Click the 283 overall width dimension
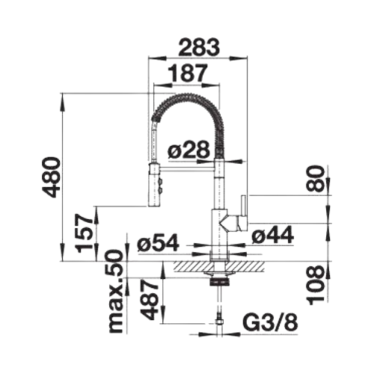(199, 46)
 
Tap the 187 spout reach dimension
(188, 73)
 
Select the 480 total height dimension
(51, 177)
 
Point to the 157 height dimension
(84, 233)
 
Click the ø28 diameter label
(188, 150)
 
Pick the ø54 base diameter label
(158, 242)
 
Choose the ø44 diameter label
(272, 235)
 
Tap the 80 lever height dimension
(316, 178)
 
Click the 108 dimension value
(316, 285)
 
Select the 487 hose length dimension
(150, 300)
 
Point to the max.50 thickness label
(117, 292)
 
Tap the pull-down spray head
(154, 184)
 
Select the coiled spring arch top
(186, 97)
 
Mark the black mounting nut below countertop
(219, 282)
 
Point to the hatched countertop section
(218, 267)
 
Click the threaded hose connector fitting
(219, 321)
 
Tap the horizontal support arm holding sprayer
(188, 169)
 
